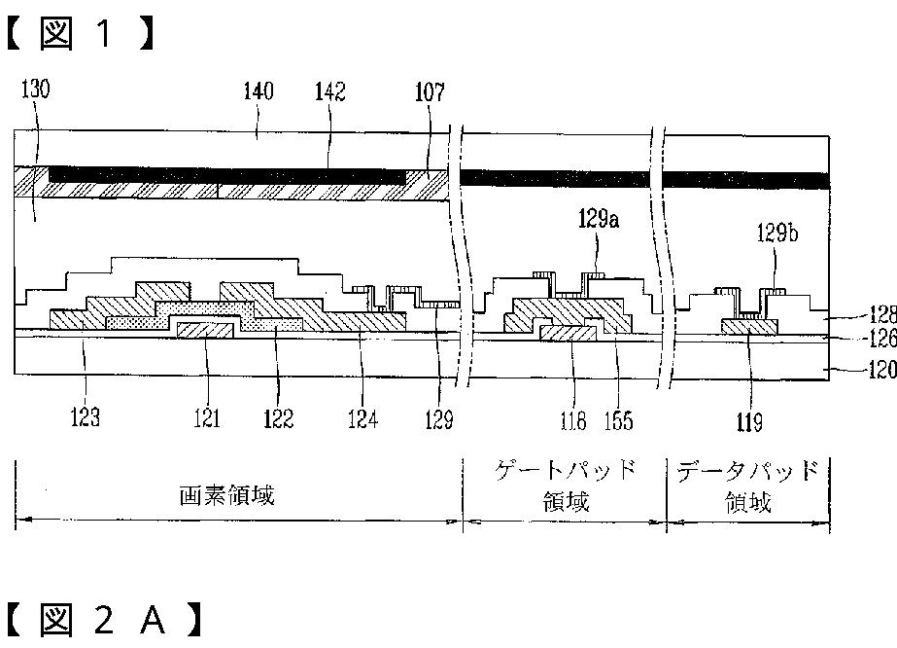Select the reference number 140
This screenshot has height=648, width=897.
258,92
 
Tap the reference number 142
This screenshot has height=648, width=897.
329,92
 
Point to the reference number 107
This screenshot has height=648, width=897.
429,92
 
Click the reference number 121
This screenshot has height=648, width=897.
206,418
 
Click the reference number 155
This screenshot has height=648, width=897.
618,419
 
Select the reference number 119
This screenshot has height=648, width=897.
749,421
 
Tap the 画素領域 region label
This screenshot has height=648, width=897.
226,495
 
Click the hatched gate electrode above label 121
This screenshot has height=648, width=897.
205,332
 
